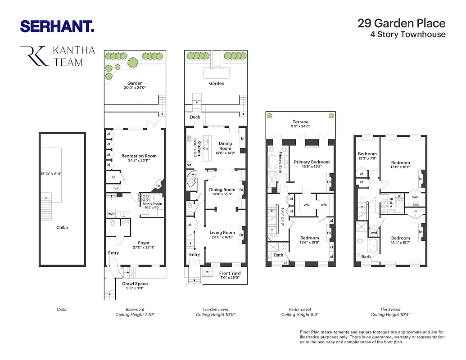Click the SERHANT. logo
click(x=57, y=26)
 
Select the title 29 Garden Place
click(x=401, y=23)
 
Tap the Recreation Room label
click(x=139, y=156)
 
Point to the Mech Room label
click(x=152, y=204)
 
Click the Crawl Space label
click(x=135, y=283)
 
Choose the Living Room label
click(x=222, y=233)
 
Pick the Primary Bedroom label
click(x=312, y=162)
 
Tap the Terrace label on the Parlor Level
click(x=300, y=122)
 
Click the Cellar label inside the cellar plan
click(x=62, y=227)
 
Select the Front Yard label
click(x=230, y=273)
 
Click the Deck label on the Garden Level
click(x=195, y=117)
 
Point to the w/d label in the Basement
click(x=111, y=213)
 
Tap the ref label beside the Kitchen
click(x=189, y=165)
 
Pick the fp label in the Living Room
click(x=241, y=235)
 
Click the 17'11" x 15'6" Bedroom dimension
click(x=400, y=167)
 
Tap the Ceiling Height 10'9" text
click(x=216, y=315)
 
